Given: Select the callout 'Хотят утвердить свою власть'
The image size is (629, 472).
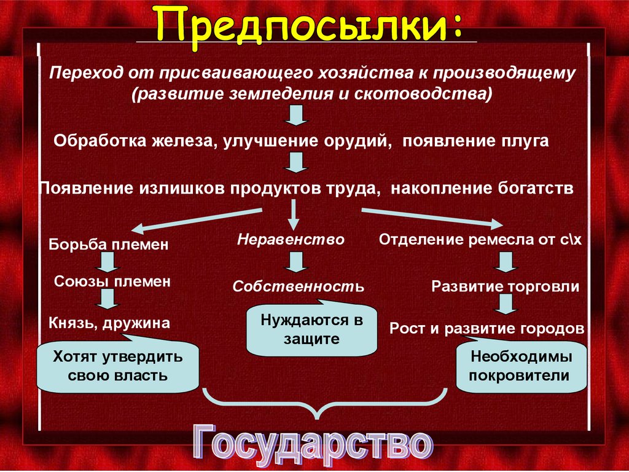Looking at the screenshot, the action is pos(118,366).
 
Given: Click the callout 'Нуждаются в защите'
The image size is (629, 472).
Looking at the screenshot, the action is pos(311,329).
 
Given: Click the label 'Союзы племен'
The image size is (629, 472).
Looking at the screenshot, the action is pos(112,282).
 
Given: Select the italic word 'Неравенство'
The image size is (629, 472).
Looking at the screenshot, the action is pos(291,239).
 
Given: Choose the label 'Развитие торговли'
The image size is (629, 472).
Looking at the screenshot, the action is pos(505,286).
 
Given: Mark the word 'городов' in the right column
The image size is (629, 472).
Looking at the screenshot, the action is pos(553,328).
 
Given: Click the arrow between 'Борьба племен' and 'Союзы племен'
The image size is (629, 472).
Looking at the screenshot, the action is pos(109,262).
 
